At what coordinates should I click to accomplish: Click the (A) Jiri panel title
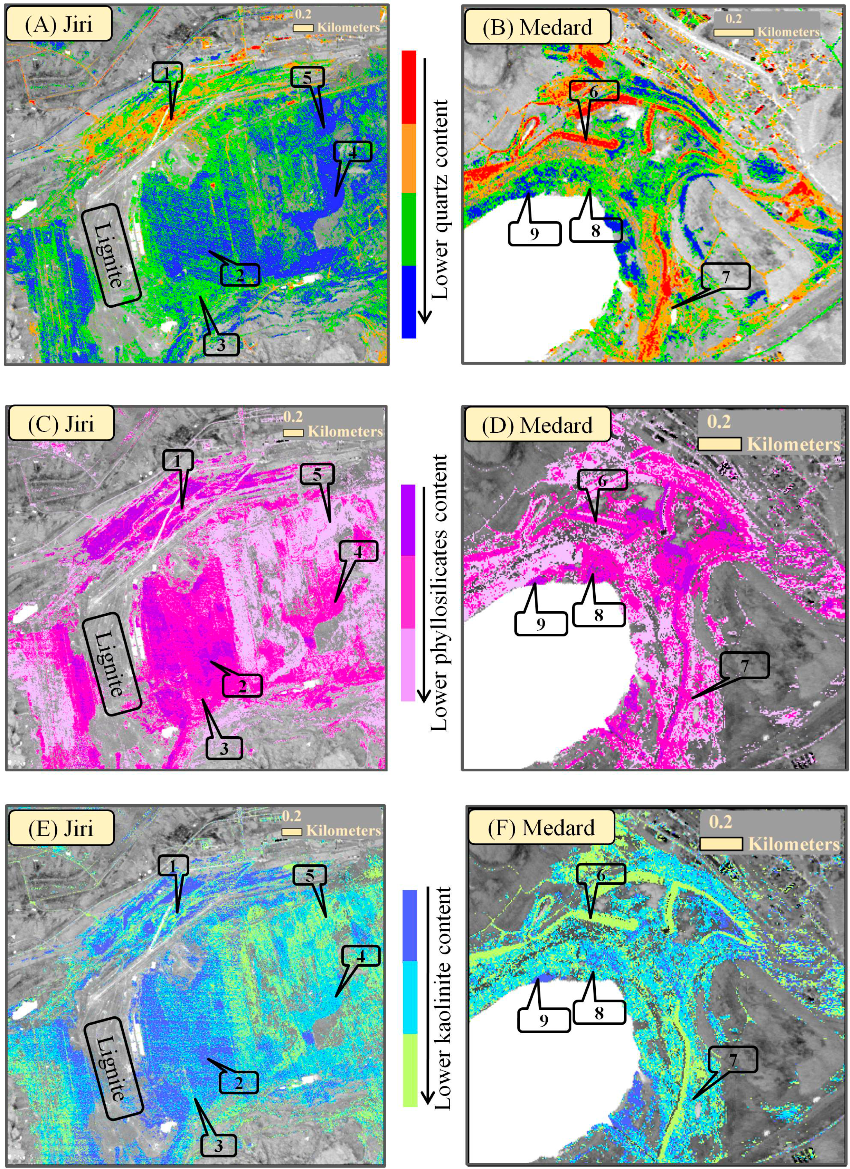[58, 24]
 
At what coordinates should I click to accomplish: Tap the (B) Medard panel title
[537, 27]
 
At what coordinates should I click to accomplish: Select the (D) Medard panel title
[537, 425]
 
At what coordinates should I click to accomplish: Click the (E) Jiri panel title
[60, 828]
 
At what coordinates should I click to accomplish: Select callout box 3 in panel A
[221, 344]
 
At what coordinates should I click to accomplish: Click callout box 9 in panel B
[534, 233]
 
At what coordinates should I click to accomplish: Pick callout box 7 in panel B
[726, 276]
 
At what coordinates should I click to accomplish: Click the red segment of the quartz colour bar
[408, 87]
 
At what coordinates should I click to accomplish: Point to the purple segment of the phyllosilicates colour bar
[408, 519]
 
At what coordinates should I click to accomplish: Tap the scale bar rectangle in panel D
[719, 444]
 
